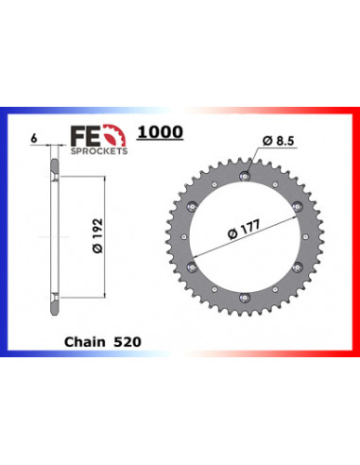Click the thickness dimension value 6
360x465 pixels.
[x=33, y=139]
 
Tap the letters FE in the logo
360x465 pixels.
[x=81, y=139]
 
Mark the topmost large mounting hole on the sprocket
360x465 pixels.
[x=244, y=177]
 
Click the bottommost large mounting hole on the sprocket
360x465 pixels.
[x=244, y=299]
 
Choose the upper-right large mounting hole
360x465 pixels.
[x=298, y=207]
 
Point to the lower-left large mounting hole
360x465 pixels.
[x=191, y=268]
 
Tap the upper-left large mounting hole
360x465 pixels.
[x=191, y=207]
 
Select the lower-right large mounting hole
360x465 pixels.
[x=298, y=268]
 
